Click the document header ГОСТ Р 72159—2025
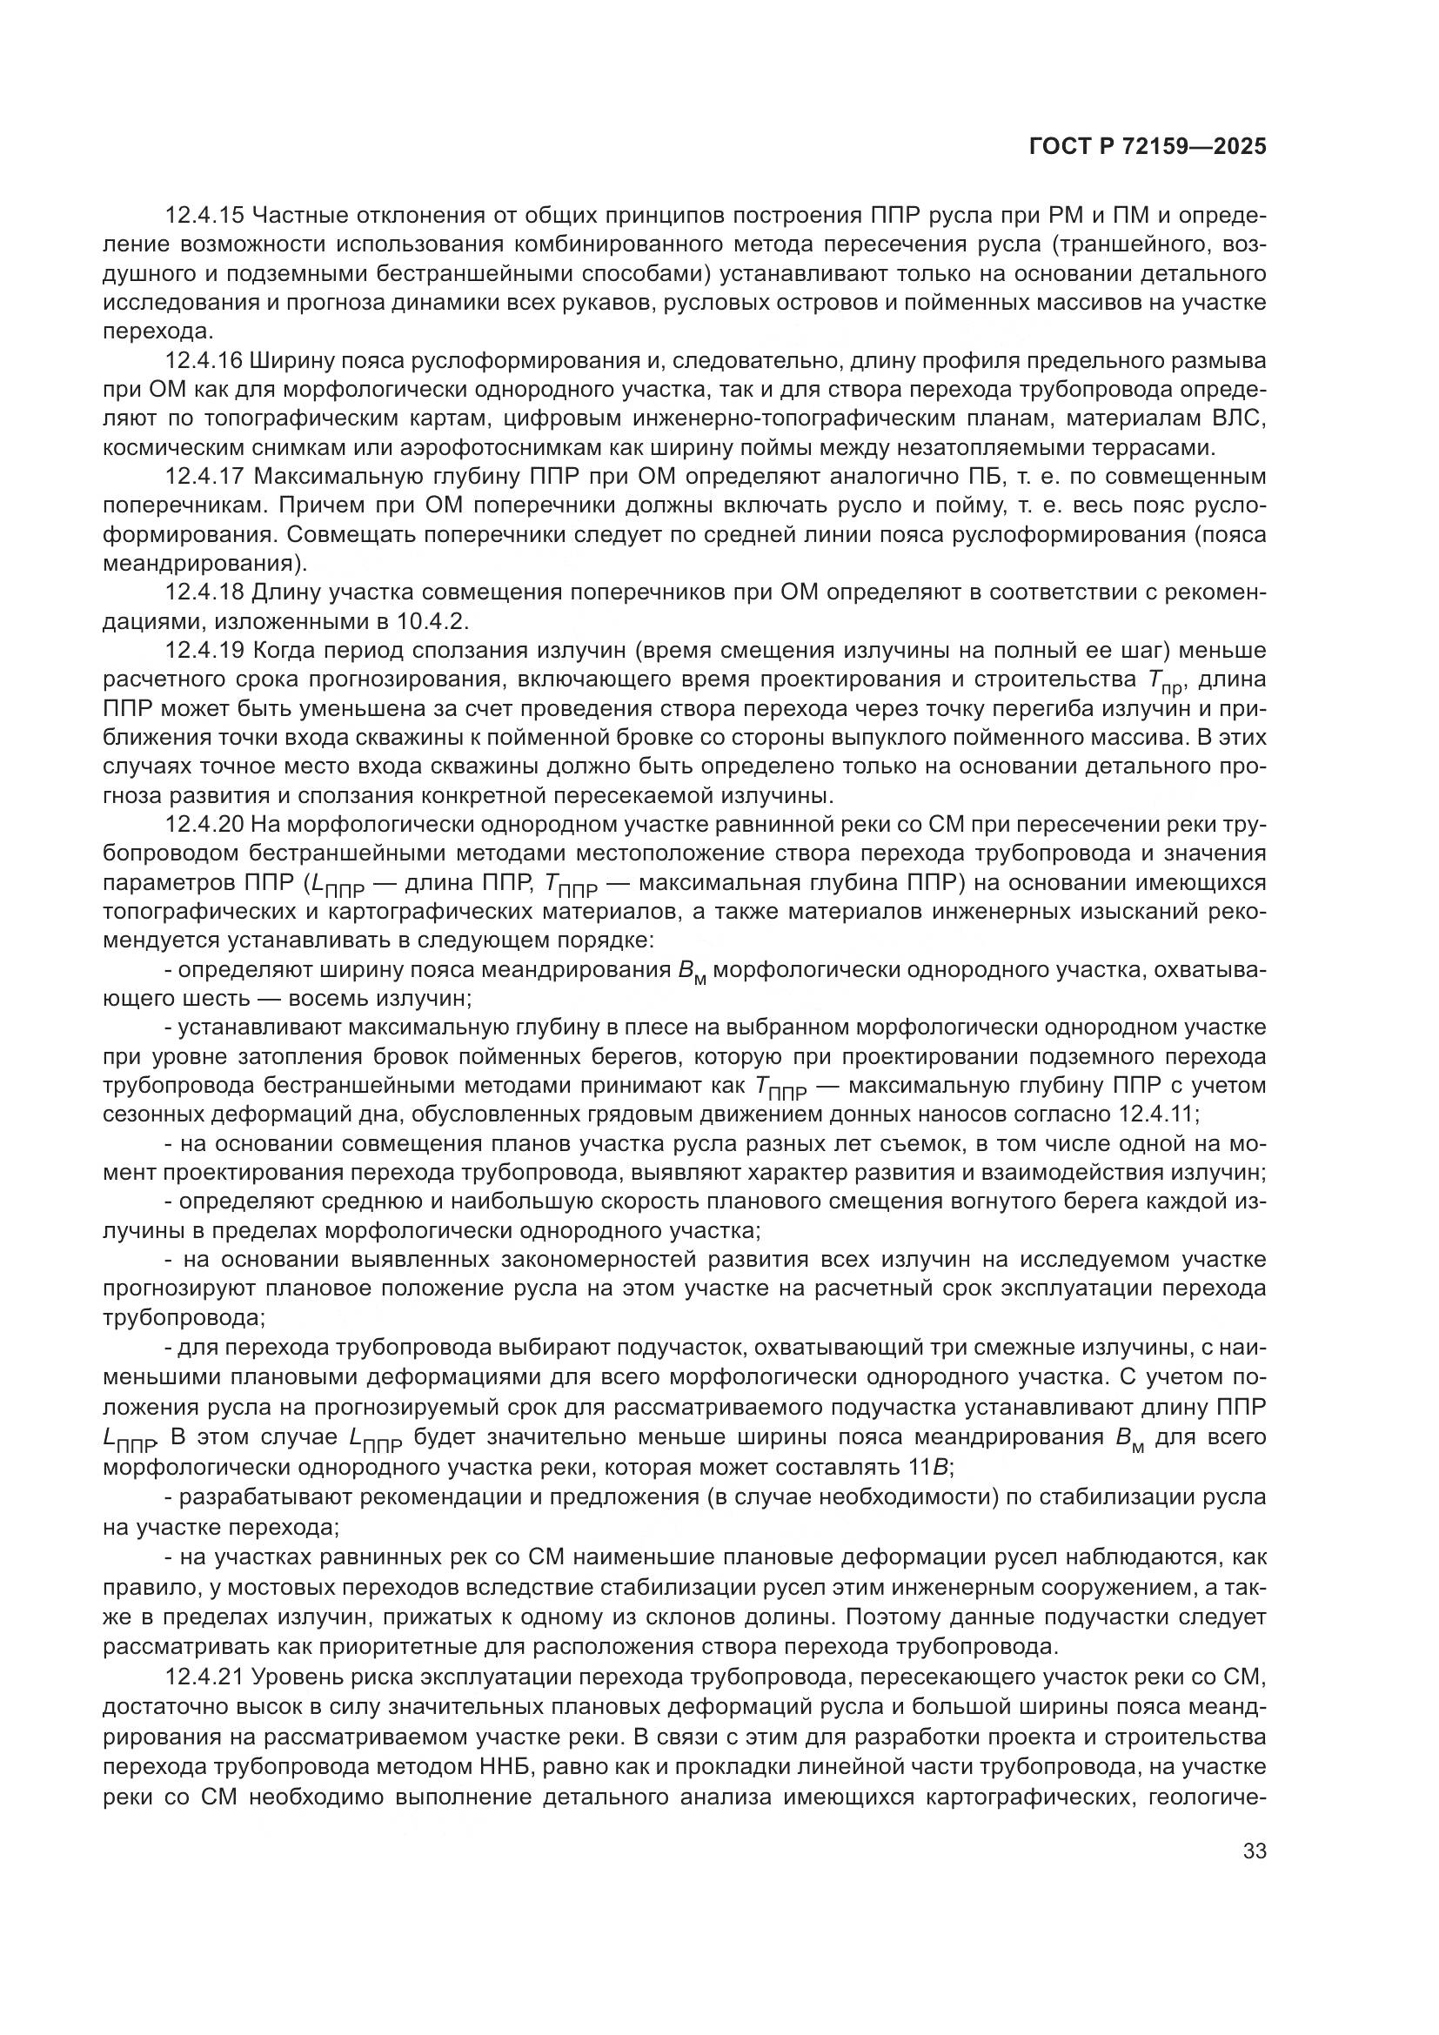tap(1148, 147)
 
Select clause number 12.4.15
tap(204, 216)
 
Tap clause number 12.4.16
tap(204, 361)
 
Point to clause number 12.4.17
tap(204, 477)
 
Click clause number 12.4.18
tap(204, 593)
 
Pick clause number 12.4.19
tap(204, 651)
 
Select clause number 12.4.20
tap(204, 824)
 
